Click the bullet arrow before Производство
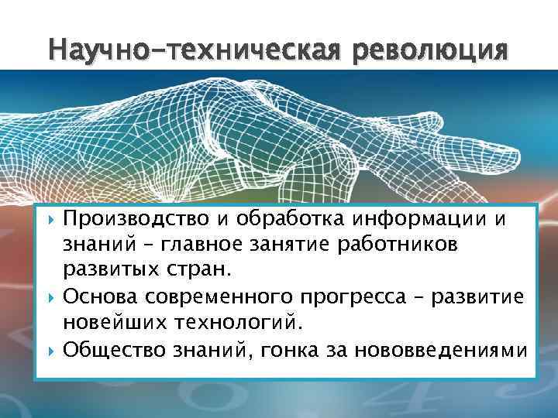50,219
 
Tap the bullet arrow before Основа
50,298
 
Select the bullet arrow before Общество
50,351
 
